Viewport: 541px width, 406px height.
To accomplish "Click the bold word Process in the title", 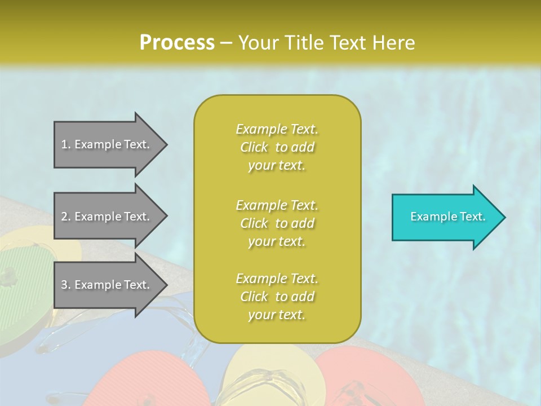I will (177, 42).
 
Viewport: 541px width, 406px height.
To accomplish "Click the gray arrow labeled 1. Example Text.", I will (107, 144).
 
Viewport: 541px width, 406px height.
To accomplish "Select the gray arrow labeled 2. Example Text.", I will (107, 217).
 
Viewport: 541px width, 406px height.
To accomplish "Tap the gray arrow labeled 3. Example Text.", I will (107, 285).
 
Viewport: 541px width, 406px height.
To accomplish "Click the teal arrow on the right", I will (445, 217).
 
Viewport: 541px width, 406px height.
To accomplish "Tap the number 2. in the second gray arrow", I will (66, 217).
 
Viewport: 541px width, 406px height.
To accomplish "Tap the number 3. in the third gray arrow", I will (66, 285).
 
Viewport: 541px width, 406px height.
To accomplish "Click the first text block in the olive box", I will (277, 147).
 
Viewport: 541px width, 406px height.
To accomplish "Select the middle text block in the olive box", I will (277, 223).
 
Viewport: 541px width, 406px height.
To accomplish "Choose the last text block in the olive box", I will (277, 297).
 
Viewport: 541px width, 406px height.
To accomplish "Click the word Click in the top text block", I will (254, 147).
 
